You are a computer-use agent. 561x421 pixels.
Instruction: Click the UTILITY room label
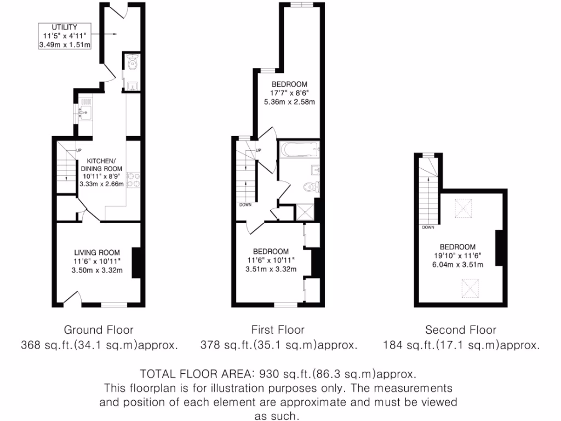tap(64, 27)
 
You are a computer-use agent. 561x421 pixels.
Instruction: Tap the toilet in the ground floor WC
tap(132, 65)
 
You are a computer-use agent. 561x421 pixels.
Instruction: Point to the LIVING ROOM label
tap(97, 252)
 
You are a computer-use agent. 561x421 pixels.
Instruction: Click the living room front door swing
tap(70, 298)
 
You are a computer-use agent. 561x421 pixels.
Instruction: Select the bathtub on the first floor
tap(299, 149)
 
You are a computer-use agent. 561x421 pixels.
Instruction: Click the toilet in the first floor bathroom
tap(311, 187)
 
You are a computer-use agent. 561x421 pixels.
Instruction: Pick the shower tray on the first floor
tap(304, 212)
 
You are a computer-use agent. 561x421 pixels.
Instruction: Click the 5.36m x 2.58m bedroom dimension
tap(289, 102)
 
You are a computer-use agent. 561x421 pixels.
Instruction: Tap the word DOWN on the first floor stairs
tap(245, 204)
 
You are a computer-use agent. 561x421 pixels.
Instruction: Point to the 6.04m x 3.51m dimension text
tap(457, 265)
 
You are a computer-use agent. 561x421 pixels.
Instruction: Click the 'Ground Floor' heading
tap(99, 329)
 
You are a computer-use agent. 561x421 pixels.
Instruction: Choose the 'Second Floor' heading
tap(461, 329)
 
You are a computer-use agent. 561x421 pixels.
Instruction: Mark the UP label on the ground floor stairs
tap(78, 151)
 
